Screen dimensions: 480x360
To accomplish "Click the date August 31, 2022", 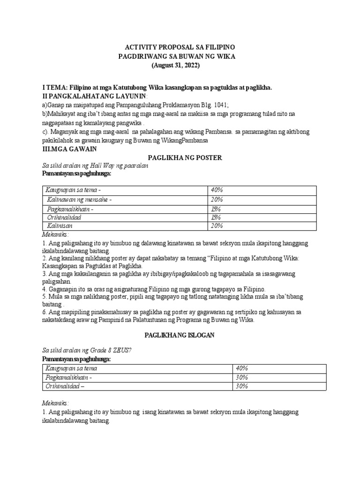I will coord(176,65).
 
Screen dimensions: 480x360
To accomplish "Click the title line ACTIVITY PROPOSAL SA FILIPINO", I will coord(180,48).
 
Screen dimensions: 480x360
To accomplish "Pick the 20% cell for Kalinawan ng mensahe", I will coord(217,199).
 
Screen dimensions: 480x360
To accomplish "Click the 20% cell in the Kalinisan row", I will coord(217,225).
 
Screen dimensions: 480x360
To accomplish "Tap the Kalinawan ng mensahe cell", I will coord(79,199).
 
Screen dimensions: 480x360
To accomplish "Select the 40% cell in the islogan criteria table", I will coord(242,368).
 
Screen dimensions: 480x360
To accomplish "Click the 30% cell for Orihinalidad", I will coord(242,386).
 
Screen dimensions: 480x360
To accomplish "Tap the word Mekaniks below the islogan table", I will coord(55,403).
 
